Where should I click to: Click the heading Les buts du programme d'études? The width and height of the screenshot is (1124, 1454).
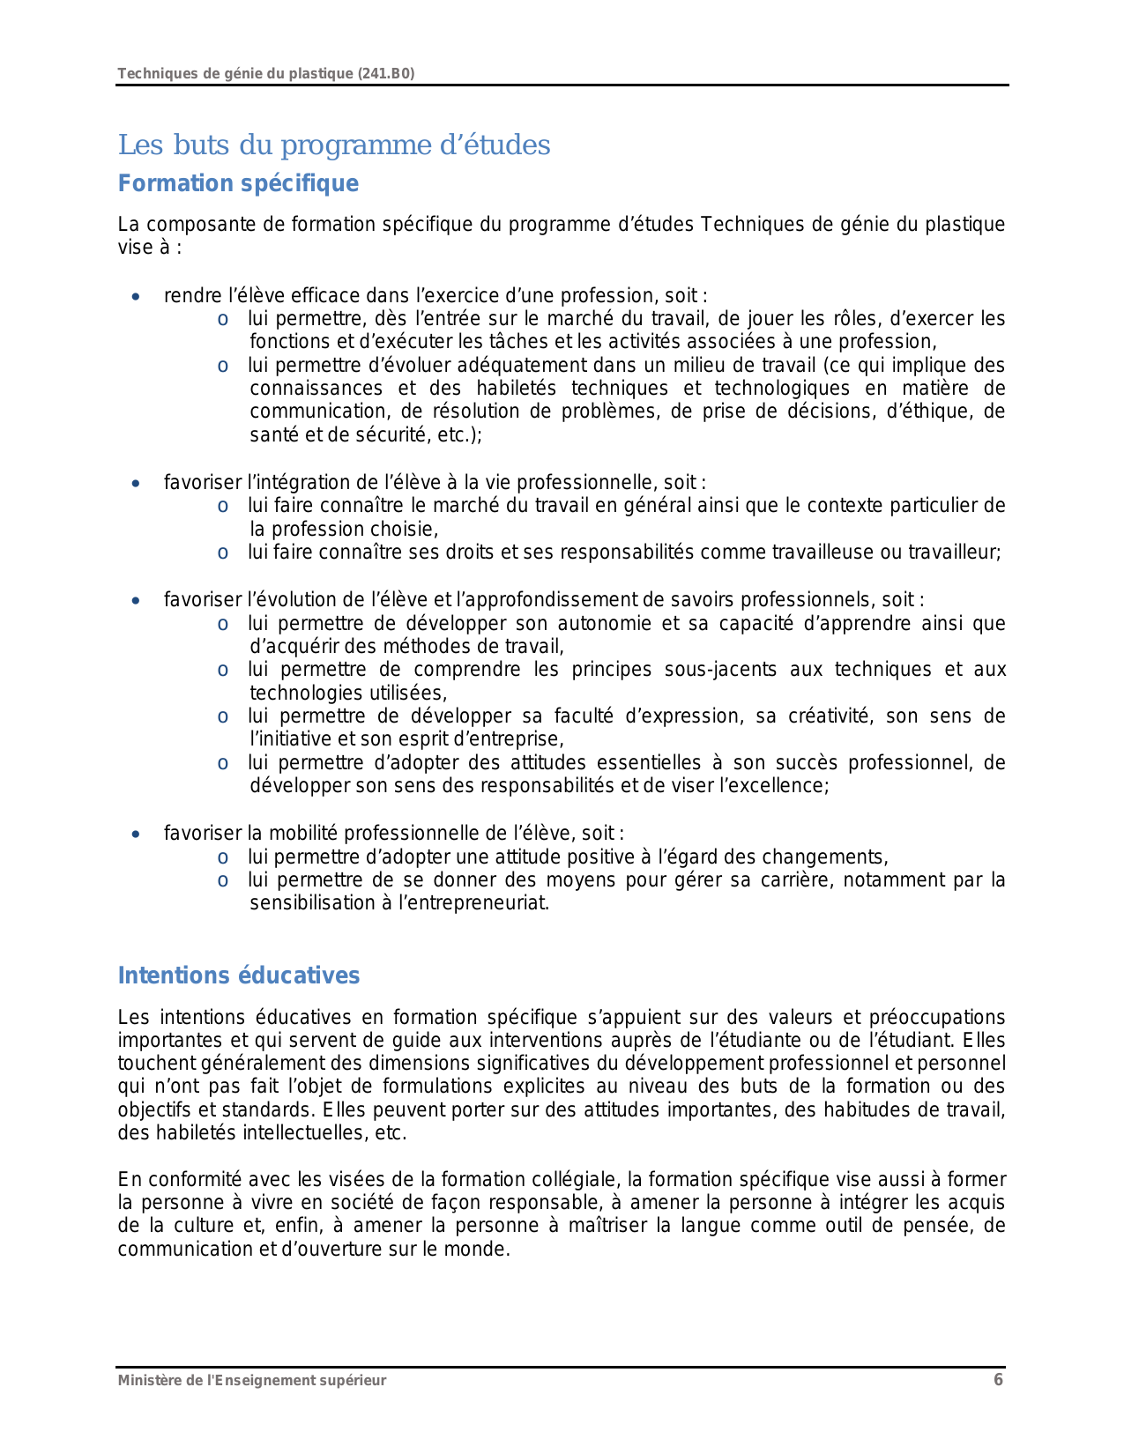click(x=334, y=145)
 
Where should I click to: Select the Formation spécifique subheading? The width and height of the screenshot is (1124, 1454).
click(x=238, y=183)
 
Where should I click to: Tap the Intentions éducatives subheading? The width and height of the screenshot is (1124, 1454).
click(x=239, y=976)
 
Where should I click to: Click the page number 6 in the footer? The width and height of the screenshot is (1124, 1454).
click(x=998, y=1380)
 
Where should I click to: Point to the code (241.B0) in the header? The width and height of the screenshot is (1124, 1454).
click(x=386, y=73)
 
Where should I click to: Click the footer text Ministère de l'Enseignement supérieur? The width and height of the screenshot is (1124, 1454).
click(x=252, y=1381)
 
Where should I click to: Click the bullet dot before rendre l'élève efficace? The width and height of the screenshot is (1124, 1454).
click(x=135, y=297)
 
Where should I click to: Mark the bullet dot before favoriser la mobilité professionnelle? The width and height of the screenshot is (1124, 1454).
click(x=135, y=835)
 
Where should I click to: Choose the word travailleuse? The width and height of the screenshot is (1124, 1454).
click(x=821, y=553)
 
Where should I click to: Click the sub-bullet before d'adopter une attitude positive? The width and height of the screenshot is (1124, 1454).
click(x=224, y=857)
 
